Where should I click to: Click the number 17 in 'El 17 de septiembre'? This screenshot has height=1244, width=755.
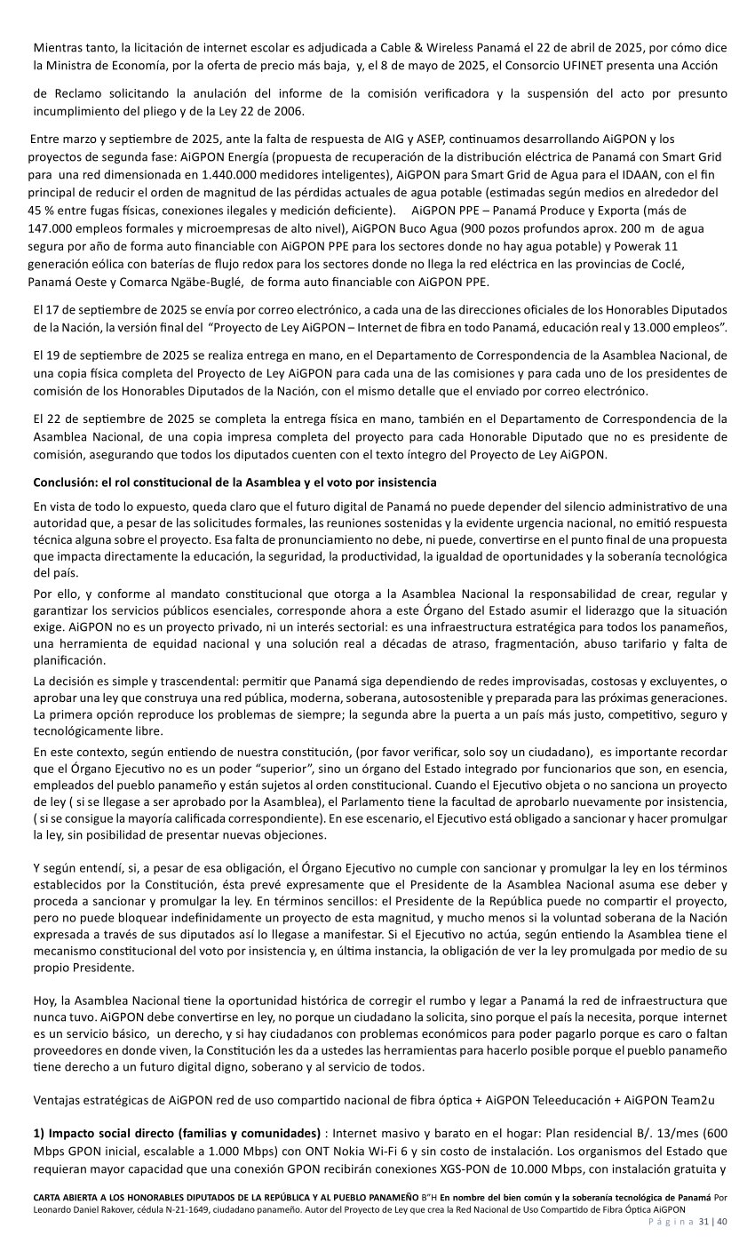(x=55, y=308)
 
